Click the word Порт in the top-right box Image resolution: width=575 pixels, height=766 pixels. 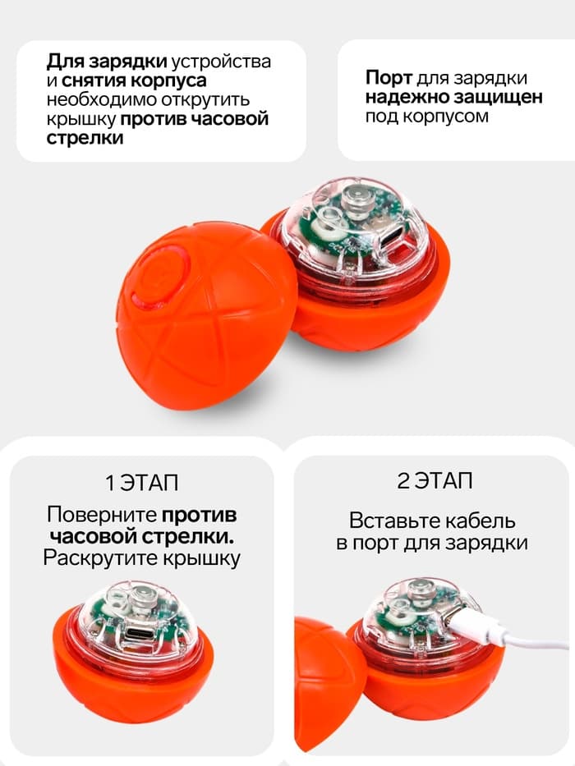(x=388, y=78)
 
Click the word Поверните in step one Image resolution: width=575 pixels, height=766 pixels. (x=102, y=516)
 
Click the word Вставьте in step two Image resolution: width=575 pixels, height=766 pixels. (x=389, y=521)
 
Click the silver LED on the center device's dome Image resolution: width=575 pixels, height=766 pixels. (x=356, y=196)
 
